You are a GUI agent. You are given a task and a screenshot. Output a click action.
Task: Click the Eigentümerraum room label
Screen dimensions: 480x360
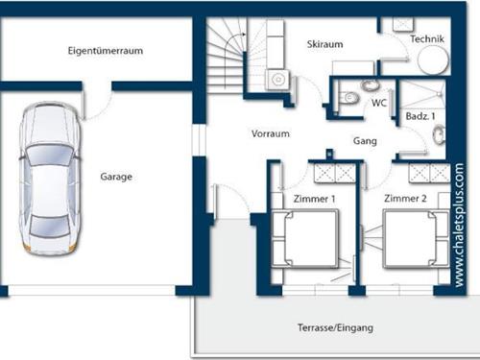coord(106,51)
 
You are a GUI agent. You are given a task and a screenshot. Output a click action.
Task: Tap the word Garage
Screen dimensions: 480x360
coord(116,177)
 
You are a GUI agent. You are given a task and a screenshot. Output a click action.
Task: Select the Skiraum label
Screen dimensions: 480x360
coord(324,44)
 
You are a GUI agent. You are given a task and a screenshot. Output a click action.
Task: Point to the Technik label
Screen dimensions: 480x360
coord(427,39)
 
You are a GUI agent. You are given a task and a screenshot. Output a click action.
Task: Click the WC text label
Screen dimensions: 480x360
coord(379,103)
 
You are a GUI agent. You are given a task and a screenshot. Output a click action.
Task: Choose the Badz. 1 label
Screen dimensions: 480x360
coord(420,116)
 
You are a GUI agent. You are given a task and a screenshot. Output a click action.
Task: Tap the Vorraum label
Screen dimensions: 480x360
coord(271,133)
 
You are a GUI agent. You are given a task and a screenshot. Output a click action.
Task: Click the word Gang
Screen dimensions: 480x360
coord(365,141)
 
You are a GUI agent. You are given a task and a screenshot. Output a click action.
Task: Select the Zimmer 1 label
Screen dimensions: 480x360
coord(314,199)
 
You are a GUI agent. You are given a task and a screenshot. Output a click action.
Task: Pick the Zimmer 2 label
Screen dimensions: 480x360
coord(405,199)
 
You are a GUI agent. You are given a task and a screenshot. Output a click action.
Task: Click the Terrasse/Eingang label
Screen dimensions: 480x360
coord(335,328)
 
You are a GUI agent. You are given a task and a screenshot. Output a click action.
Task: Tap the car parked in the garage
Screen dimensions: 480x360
coord(49,179)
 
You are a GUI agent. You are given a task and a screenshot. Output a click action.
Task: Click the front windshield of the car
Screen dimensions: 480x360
coord(49,155)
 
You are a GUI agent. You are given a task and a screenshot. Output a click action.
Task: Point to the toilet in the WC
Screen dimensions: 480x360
coord(348,97)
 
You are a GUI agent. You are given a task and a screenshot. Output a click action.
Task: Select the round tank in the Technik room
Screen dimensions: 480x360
coord(433,60)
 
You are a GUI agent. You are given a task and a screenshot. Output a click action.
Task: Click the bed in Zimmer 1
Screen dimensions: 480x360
coord(304,238)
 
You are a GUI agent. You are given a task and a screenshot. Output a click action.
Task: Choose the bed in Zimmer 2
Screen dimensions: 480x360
coord(416,238)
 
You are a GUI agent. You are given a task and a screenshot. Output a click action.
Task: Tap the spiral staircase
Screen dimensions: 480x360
coord(227,53)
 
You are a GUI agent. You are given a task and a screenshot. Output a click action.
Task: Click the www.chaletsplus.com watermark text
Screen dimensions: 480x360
coord(459,225)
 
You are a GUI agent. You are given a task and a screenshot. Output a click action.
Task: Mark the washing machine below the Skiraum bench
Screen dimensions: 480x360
coord(277,80)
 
